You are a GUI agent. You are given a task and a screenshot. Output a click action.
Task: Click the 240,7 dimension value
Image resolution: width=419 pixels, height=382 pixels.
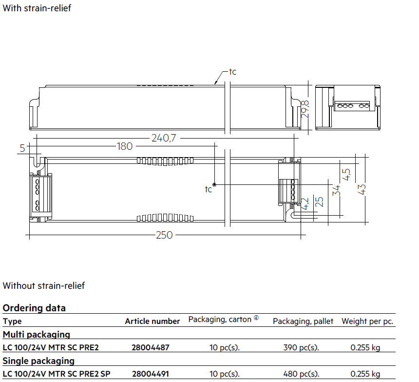point(164,138)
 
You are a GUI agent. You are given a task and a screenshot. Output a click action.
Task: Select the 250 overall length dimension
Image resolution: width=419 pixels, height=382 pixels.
point(164,235)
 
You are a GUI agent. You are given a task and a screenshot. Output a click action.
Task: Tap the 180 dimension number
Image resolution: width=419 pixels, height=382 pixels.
point(125,146)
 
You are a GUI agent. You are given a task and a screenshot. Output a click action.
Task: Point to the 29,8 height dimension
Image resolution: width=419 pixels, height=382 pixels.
point(305,109)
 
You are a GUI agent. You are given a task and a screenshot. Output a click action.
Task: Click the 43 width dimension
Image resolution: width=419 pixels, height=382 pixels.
point(362,189)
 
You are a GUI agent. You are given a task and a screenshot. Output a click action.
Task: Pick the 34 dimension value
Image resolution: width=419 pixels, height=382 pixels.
point(337,190)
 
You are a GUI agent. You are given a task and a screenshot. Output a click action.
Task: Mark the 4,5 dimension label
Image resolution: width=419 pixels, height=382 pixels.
point(346,175)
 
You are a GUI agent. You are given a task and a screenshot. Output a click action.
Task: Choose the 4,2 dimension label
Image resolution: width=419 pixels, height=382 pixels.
point(305,203)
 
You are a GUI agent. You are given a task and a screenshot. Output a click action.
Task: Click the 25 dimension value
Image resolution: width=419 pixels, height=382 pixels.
point(319,202)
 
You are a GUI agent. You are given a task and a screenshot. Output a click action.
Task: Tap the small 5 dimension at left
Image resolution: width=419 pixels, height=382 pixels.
point(22,148)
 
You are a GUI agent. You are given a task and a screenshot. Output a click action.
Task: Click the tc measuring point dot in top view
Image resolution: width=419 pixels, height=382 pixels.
point(214,184)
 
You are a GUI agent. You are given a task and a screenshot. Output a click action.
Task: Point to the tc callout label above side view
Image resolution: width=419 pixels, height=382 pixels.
point(232,72)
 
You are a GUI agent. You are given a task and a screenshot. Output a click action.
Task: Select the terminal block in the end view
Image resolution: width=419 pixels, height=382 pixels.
point(352,106)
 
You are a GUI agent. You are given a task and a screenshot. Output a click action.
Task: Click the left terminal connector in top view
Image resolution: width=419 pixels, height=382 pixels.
point(40,195)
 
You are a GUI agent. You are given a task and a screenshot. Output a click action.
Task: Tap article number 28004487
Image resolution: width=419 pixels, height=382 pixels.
point(151,347)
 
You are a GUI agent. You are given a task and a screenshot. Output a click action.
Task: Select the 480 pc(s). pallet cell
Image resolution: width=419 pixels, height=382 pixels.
point(301,374)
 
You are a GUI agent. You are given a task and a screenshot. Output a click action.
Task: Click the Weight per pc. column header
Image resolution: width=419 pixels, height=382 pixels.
point(367,322)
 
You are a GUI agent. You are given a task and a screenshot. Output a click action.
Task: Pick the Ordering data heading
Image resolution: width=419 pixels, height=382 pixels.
point(34,308)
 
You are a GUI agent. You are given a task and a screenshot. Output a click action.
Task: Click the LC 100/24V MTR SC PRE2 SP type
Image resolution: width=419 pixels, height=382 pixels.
point(57,374)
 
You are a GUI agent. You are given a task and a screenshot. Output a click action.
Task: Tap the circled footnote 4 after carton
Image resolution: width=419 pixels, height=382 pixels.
point(256,318)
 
